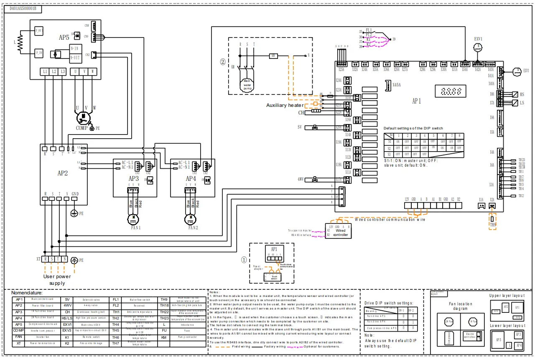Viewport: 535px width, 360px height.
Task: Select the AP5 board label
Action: tap(64, 37)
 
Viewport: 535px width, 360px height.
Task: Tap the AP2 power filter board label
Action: tap(62, 173)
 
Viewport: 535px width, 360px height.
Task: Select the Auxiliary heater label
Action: tap(285, 105)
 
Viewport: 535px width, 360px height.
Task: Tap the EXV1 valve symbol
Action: tap(478, 47)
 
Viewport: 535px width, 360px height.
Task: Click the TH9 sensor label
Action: tap(493, 225)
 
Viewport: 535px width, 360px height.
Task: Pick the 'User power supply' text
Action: tap(57, 279)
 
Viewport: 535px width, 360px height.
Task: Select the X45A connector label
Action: tap(396, 85)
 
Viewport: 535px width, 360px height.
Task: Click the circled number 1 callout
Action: tap(244, 259)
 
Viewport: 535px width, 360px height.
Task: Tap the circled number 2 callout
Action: tap(223, 62)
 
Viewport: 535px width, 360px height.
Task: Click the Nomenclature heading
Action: tap(27, 293)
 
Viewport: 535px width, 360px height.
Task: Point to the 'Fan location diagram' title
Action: tap(460, 306)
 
